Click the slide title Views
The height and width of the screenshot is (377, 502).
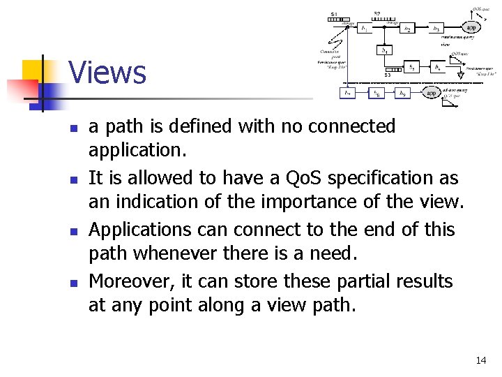click(x=107, y=73)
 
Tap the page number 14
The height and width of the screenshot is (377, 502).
click(x=480, y=360)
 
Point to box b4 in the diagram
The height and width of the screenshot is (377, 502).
click(x=383, y=50)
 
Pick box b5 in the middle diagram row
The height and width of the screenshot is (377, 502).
click(x=413, y=68)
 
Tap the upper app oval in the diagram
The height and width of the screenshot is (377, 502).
click(x=471, y=27)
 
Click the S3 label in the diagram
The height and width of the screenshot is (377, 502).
click(x=388, y=75)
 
